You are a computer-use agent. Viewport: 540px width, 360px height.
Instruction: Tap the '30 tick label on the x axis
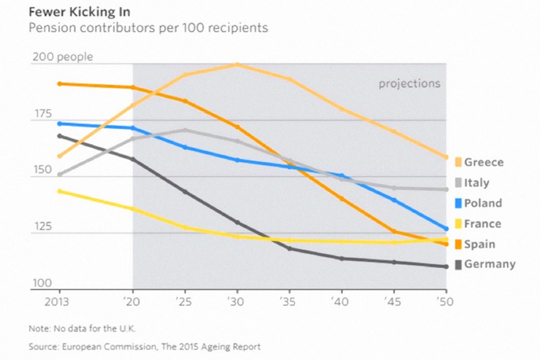[x=236, y=301]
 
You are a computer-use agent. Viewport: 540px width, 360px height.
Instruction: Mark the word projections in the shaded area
[x=409, y=84]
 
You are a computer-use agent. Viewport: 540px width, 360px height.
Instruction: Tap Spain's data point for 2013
[x=59, y=84]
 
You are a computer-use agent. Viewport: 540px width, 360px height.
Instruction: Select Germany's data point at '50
[x=446, y=267]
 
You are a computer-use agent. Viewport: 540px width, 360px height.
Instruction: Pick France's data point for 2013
[x=59, y=191]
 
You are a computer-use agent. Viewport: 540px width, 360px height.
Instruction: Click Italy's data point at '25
[x=184, y=130]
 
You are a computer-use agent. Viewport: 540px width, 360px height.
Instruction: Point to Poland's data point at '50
[x=446, y=229]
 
